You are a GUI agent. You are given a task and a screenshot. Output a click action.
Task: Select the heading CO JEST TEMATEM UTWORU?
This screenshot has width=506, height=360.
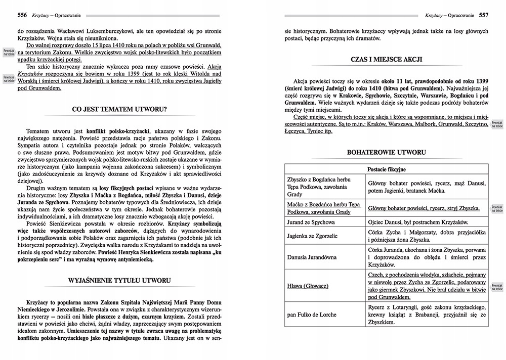[119, 109]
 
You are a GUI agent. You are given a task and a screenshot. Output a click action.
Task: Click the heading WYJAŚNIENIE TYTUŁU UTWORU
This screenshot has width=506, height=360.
[119, 281]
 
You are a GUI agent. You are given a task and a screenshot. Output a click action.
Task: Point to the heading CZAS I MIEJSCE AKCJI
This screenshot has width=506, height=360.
[386, 60]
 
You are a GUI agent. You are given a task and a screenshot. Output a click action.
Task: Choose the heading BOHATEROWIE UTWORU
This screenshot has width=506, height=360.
[386, 152]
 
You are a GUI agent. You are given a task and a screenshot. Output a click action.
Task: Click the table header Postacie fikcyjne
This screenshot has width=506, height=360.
[386, 169]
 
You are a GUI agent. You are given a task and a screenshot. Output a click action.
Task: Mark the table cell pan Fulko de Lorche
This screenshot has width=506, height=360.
[312, 314]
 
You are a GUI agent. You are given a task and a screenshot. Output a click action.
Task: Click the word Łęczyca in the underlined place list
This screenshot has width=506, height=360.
[298, 131]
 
